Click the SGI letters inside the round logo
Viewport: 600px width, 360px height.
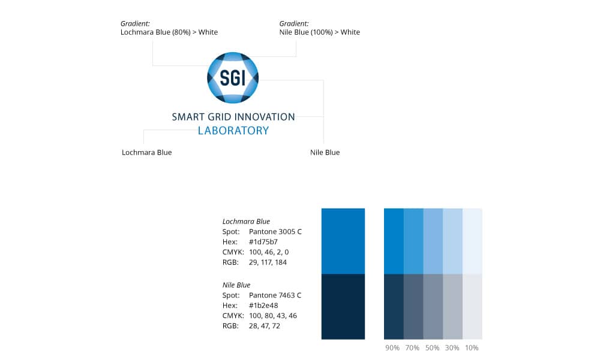[233, 77]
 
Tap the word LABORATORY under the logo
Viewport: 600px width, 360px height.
[233, 130]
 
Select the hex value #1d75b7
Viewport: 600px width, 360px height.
[263, 242]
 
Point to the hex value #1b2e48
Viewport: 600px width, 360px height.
[263, 305]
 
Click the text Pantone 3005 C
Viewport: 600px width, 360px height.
[275, 232]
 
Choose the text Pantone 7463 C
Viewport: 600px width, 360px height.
[275, 295]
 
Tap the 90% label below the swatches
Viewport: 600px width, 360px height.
[392, 348]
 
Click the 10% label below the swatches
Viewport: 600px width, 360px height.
[472, 348]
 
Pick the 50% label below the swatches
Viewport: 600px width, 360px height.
[432, 348]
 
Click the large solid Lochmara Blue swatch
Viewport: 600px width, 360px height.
[343, 241]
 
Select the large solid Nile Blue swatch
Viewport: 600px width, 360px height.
[343, 307]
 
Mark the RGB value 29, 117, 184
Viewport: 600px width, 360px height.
[268, 262]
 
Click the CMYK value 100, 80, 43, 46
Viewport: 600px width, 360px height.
[273, 316]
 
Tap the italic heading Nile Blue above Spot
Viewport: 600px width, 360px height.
[236, 285]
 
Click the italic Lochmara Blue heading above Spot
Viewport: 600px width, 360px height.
[246, 221]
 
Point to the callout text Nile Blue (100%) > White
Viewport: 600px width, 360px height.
[320, 32]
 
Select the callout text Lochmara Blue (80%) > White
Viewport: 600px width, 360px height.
[169, 32]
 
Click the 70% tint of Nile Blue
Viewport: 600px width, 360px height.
[413, 307]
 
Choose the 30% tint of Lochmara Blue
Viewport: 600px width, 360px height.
[452, 241]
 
